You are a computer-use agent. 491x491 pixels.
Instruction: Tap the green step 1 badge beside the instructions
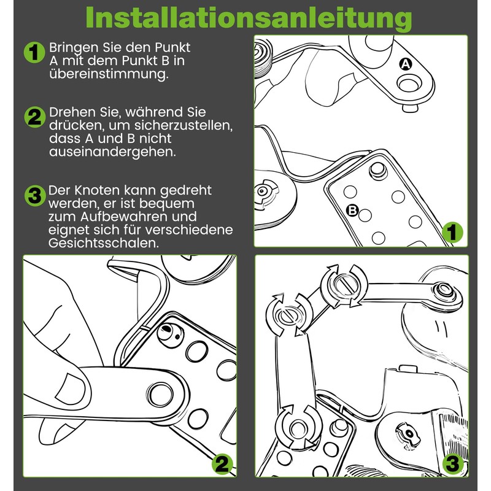click(34, 53)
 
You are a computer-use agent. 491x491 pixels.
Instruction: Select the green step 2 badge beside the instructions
click(34, 117)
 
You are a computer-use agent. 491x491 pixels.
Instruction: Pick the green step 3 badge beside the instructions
click(35, 196)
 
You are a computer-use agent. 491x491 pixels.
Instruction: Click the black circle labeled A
click(406, 64)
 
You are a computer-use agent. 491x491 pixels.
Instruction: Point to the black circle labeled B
click(353, 210)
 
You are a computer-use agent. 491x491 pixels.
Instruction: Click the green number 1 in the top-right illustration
click(452, 233)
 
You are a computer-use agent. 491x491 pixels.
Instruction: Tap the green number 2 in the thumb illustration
click(222, 464)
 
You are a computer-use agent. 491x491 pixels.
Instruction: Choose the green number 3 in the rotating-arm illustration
click(453, 464)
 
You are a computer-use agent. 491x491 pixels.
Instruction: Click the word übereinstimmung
click(109, 74)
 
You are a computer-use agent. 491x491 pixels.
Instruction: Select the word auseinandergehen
click(112, 152)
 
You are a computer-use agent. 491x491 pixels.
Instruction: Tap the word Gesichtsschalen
click(104, 243)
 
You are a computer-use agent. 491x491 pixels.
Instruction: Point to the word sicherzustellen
click(183, 125)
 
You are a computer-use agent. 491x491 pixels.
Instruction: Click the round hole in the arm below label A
click(409, 84)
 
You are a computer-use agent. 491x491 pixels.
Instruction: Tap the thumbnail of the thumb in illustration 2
click(73, 387)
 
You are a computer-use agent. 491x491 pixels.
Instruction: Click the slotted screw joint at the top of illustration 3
click(344, 285)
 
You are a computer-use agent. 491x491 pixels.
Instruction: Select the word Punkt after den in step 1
click(173, 48)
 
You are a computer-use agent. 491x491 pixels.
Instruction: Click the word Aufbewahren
click(139, 217)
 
